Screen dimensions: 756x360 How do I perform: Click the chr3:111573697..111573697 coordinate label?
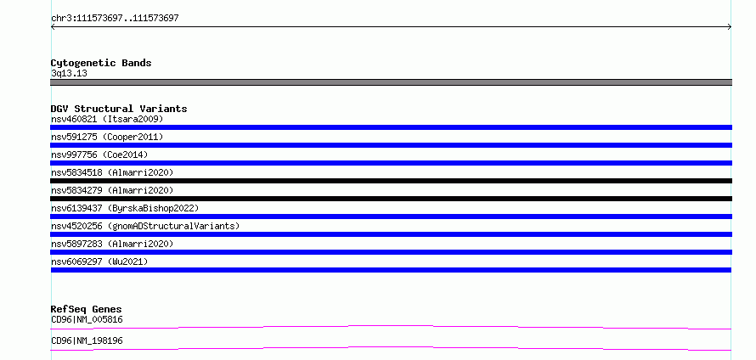click(115, 19)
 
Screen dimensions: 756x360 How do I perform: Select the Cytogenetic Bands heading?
click(101, 63)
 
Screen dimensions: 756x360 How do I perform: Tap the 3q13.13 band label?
click(69, 73)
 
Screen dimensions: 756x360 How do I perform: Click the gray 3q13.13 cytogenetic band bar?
click(391, 82)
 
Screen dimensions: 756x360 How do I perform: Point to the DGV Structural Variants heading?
click(119, 109)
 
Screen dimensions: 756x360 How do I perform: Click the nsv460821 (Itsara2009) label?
click(107, 119)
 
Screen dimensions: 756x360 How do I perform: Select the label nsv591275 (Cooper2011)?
click(107, 137)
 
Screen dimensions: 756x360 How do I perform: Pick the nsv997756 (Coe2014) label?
click(99, 155)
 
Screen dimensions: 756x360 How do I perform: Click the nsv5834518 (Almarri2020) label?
click(112, 172)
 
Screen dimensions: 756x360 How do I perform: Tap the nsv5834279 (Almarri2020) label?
click(112, 190)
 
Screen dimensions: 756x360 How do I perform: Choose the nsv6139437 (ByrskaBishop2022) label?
click(125, 208)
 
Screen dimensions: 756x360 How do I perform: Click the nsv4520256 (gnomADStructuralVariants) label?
click(145, 226)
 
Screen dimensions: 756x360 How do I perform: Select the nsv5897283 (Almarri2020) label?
click(112, 244)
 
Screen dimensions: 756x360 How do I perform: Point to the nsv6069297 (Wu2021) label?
click(99, 262)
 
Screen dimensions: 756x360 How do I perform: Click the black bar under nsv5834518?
click(391, 181)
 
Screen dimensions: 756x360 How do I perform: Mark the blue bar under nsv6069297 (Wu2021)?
click(391, 270)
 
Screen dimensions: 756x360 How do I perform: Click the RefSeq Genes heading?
click(87, 309)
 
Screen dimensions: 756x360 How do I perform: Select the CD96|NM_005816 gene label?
click(87, 319)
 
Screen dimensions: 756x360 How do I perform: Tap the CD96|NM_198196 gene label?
click(87, 340)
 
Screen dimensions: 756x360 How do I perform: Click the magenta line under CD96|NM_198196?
click(391, 347)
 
